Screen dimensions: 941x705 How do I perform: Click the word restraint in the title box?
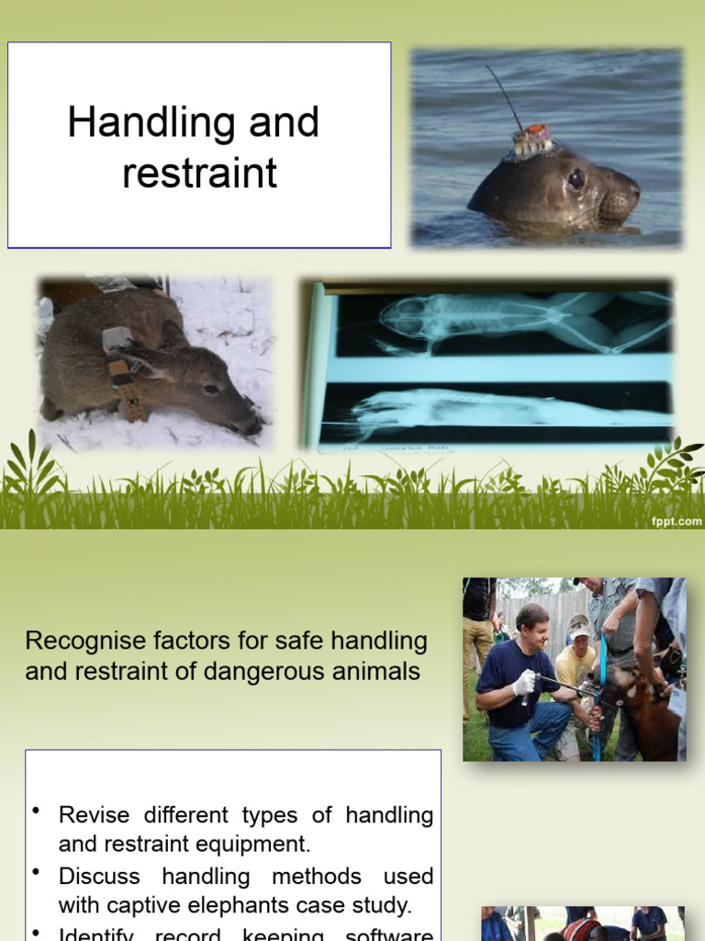(199, 173)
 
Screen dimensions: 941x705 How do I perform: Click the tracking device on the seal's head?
(532, 141)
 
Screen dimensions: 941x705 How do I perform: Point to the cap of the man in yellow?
(579, 629)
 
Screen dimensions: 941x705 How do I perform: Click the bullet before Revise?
(36, 811)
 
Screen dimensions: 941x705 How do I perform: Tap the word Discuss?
(99, 876)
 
